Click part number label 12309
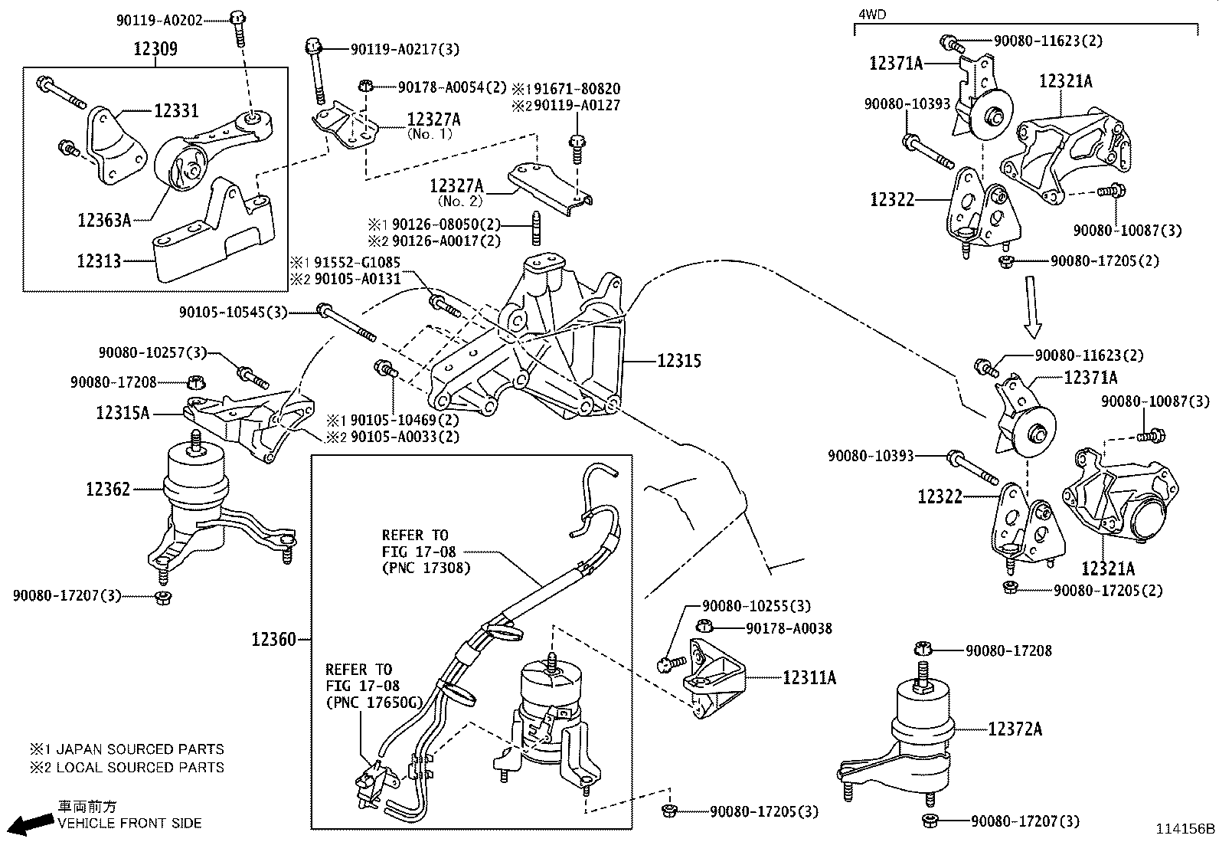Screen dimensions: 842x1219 [x=155, y=50]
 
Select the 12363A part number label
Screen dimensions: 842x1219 [x=103, y=221]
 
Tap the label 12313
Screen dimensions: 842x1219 [x=99, y=260]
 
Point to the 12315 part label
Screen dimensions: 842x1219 [x=679, y=360]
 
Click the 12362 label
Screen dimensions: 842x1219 [x=108, y=489]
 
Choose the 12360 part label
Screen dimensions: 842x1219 [x=273, y=638]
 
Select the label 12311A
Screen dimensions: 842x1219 [x=809, y=677]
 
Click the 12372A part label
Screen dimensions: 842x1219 [x=1015, y=729]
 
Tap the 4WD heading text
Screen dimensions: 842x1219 [x=871, y=13]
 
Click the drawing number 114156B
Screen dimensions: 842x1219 [x=1185, y=829]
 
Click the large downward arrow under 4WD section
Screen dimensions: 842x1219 [x=1034, y=306]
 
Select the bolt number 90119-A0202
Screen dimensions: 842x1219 [x=159, y=21]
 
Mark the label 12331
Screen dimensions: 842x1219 [x=176, y=111]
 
